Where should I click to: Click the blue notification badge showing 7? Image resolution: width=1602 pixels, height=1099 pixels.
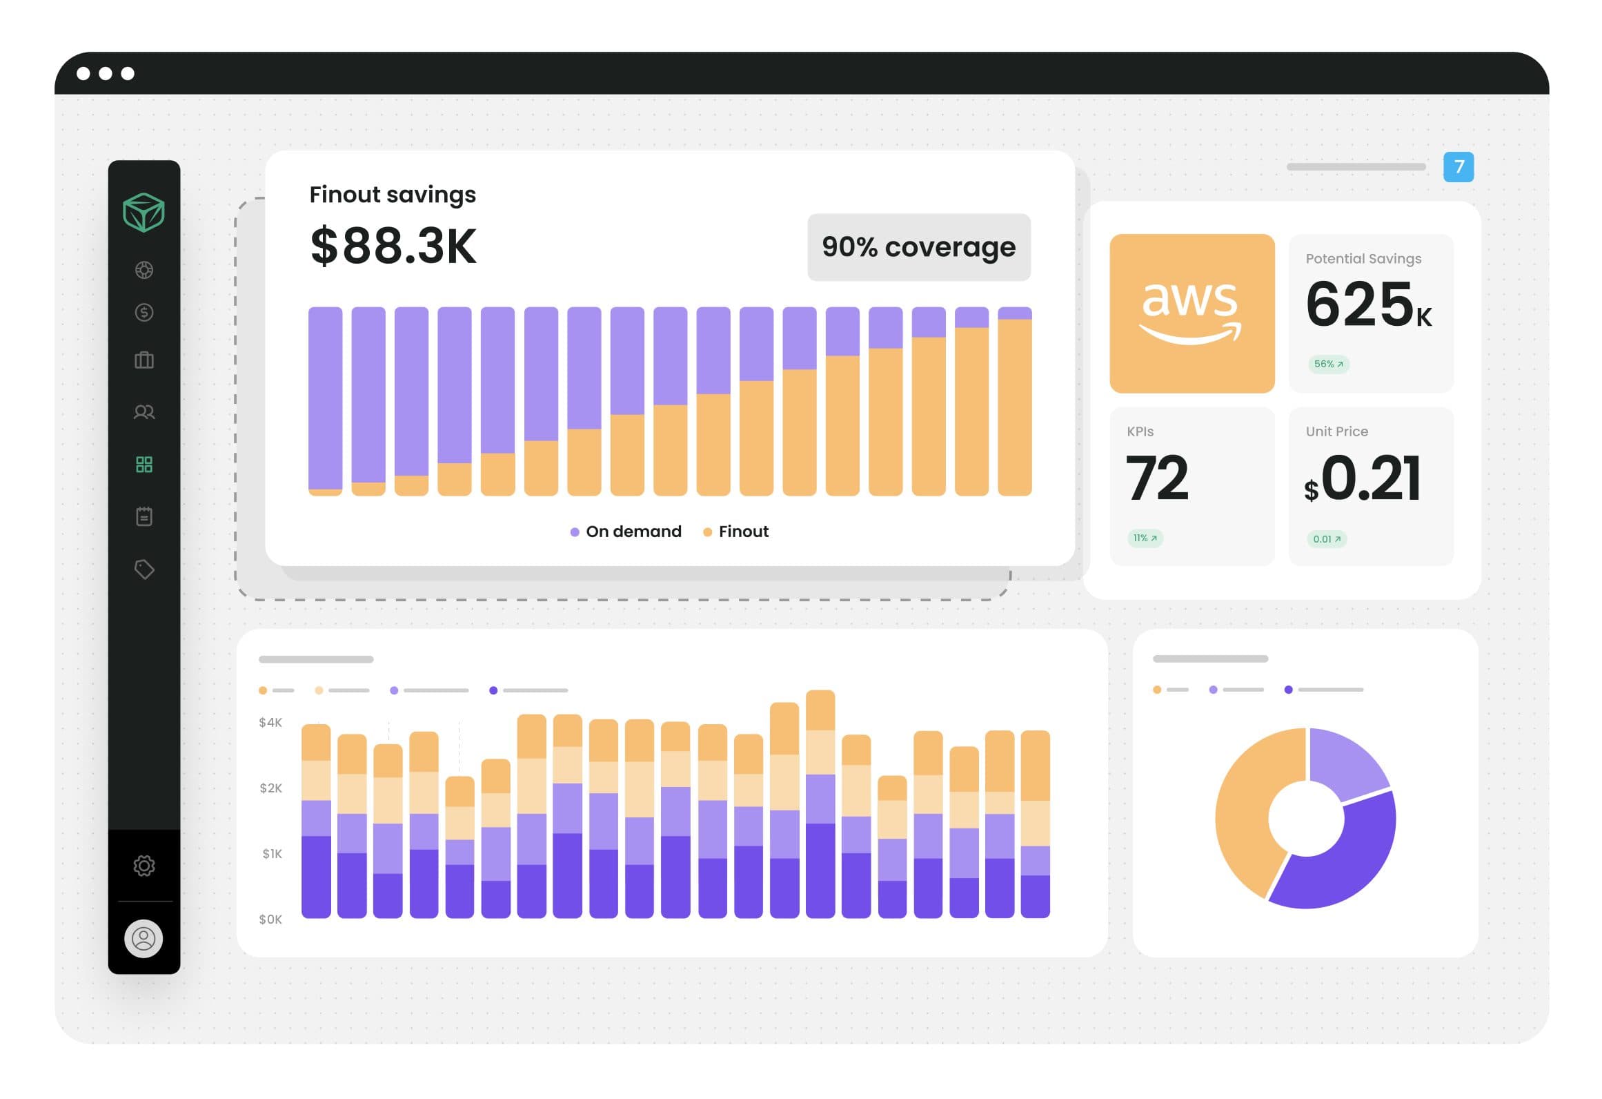click(1458, 167)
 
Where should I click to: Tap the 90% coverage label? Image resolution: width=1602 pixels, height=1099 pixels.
click(918, 247)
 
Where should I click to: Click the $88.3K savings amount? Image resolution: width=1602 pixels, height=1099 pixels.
click(393, 246)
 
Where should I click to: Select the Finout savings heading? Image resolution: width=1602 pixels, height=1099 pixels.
click(393, 195)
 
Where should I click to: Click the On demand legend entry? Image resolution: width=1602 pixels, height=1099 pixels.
click(626, 532)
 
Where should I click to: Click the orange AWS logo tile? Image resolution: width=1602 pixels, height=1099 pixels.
click(1191, 313)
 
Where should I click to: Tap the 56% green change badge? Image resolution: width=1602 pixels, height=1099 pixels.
click(1328, 364)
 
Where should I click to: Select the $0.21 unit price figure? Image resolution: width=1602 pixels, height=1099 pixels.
click(1363, 478)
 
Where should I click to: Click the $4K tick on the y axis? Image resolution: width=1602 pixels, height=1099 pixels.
click(270, 723)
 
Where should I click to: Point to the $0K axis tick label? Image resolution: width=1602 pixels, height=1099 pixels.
click(270, 920)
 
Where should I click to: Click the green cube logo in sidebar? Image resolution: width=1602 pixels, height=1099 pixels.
click(144, 212)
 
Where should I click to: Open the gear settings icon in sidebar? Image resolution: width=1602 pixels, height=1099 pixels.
click(144, 866)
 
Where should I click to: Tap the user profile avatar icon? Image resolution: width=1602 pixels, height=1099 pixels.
click(144, 939)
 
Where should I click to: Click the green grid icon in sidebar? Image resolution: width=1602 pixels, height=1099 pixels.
click(144, 465)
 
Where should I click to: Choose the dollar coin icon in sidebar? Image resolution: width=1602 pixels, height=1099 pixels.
click(144, 313)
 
